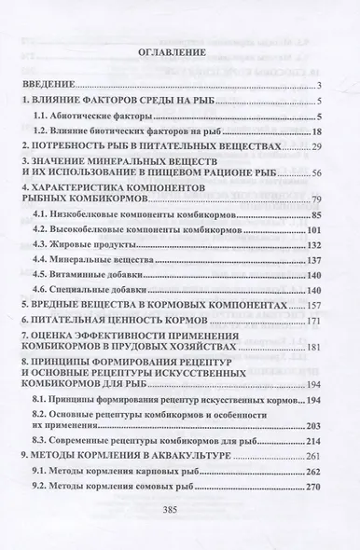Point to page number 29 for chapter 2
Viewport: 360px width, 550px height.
coord(316,148)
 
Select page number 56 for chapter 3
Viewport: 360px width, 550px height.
coord(316,174)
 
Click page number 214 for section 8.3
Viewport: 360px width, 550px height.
coord(313,440)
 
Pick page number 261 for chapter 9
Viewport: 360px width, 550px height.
coord(313,456)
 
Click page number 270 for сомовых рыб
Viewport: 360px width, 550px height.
coord(313,488)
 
